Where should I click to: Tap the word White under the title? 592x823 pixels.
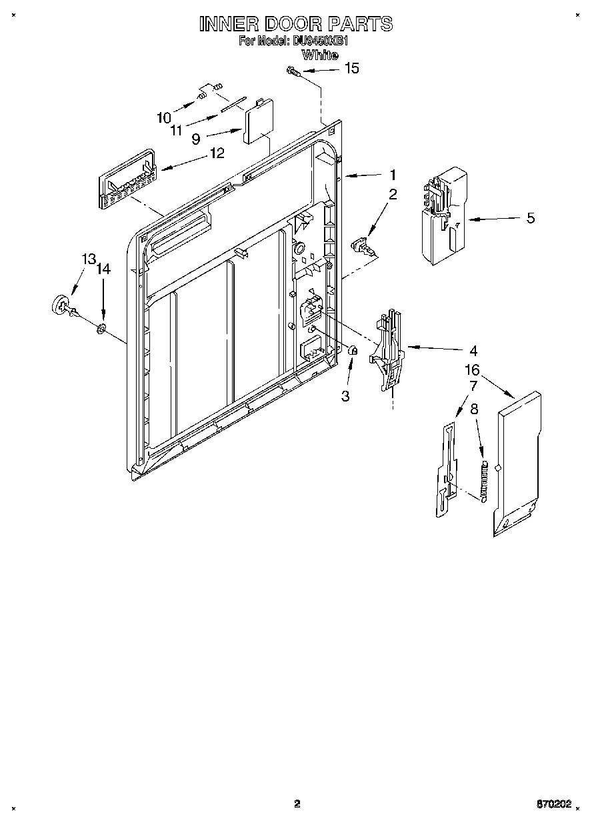(x=319, y=55)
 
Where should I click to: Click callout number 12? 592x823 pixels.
(x=217, y=153)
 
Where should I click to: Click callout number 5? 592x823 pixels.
(x=530, y=218)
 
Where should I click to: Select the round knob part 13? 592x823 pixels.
(x=61, y=305)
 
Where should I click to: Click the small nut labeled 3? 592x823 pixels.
(x=353, y=351)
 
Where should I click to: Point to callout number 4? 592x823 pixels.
(x=473, y=350)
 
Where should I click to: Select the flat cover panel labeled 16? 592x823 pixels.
(x=519, y=464)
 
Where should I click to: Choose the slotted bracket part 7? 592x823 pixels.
(x=446, y=470)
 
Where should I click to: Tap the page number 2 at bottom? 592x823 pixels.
(x=298, y=804)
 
